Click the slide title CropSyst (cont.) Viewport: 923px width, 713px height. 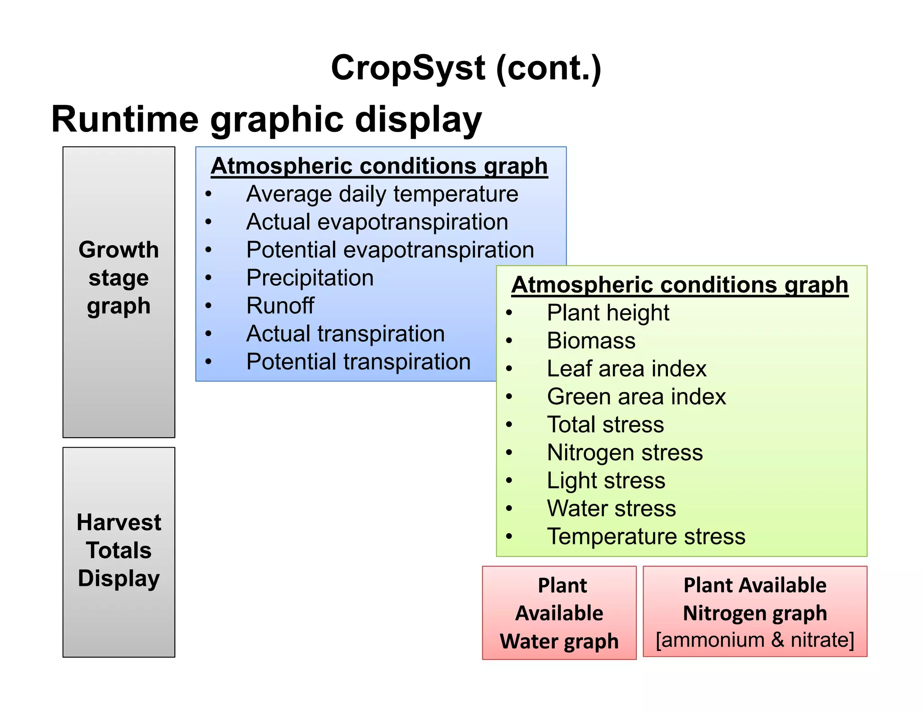[x=466, y=68]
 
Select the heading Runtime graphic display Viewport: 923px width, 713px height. [x=266, y=119]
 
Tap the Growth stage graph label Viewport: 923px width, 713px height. [x=119, y=278]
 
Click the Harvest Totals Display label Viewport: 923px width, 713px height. [x=119, y=550]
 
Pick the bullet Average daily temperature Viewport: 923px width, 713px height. [x=382, y=194]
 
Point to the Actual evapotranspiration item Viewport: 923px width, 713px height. [x=377, y=222]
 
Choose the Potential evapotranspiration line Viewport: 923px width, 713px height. [x=390, y=250]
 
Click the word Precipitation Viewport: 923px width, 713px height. [x=310, y=278]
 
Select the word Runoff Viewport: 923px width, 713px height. [x=280, y=306]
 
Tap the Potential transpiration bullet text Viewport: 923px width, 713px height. [x=358, y=362]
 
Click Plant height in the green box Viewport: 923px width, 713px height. [x=608, y=313]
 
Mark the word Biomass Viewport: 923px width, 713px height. [x=591, y=341]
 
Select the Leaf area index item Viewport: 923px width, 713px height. [x=626, y=369]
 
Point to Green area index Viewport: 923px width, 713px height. [x=636, y=397]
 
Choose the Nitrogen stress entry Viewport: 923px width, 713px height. [x=624, y=452]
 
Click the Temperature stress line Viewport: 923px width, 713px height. [x=646, y=537]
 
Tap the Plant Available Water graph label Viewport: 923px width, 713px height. [x=559, y=613]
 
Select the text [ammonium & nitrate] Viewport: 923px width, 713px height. [x=754, y=640]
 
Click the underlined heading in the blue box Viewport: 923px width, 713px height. [x=379, y=166]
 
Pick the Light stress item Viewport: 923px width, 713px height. [x=606, y=481]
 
